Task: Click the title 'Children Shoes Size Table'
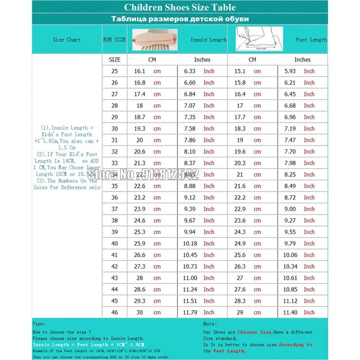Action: (x=180, y=7)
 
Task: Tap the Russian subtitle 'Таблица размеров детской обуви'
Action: (x=180, y=19)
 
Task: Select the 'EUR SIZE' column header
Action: (x=114, y=40)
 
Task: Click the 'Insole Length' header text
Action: (x=208, y=40)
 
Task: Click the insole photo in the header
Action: (x=153, y=40)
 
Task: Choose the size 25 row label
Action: (x=114, y=71)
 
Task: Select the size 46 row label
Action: (x=114, y=312)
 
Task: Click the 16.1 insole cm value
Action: (x=139, y=71)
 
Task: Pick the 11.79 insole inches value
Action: (x=189, y=312)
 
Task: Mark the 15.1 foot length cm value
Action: (x=240, y=71)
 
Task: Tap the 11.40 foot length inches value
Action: (x=290, y=312)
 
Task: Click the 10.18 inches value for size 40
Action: (x=189, y=243)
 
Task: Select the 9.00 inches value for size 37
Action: (x=290, y=209)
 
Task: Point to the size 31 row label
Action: (x=114, y=140)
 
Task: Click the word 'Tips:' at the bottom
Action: (x=38, y=324)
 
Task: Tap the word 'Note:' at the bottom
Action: (x=210, y=324)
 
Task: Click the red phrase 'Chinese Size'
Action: (x=254, y=332)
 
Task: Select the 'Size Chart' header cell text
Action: (x=67, y=40)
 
